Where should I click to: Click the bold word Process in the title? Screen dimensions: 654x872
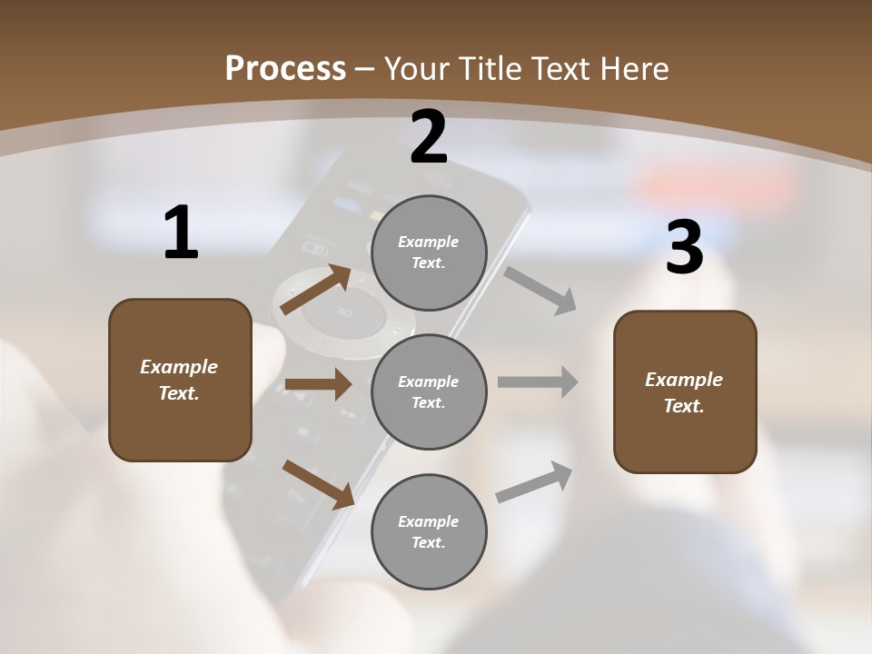285,68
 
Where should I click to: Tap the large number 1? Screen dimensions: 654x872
181,233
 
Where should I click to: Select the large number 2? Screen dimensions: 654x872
429,137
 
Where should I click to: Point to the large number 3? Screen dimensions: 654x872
684,247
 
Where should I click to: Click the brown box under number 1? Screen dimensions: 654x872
180,380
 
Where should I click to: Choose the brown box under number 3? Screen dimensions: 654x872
685,391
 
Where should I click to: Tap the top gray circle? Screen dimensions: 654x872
429,252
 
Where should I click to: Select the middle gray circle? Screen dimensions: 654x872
429,391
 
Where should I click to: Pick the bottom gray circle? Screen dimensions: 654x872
429,531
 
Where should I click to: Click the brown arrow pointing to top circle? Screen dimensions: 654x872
316,290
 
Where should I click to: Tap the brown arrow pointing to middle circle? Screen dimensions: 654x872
318,384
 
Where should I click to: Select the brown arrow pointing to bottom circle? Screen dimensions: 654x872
318,484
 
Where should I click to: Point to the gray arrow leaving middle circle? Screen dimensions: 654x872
538,382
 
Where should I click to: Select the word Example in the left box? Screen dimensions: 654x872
179,367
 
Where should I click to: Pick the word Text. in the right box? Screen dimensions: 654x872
684,406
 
